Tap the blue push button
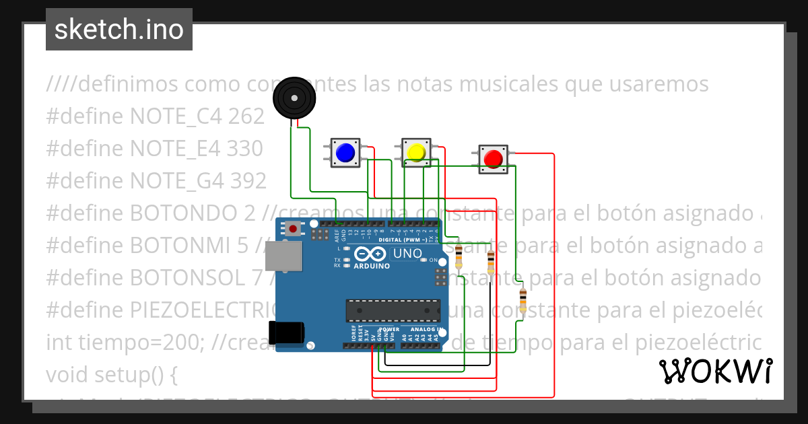(x=345, y=153)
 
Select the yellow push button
(x=416, y=152)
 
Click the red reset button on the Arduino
(x=293, y=229)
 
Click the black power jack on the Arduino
(x=286, y=332)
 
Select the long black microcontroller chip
(x=393, y=310)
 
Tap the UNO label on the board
(x=407, y=254)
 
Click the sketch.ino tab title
(x=119, y=30)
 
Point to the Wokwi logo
(x=715, y=371)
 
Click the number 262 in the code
(x=246, y=116)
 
